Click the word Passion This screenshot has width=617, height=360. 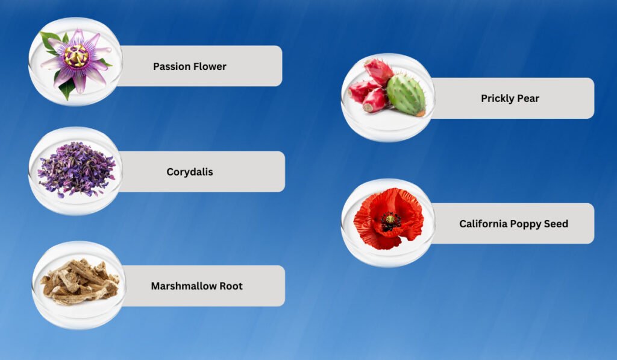coord(169,66)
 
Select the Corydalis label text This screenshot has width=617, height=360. coord(190,172)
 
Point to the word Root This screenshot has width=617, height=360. coord(231,286)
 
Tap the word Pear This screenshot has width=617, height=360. coord(528,98)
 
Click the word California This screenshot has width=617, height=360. coord(483,224)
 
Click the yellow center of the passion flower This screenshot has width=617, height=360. coord(76,55)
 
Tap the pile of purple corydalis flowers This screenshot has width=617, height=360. coord(77,170)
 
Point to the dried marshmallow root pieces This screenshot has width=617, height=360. coord(80,281)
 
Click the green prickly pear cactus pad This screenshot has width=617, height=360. coord(406,95)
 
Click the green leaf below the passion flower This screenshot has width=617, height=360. coord(67,88)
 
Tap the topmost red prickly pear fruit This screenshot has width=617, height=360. coord(378,71)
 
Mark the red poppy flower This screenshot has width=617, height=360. coord(388,219)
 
